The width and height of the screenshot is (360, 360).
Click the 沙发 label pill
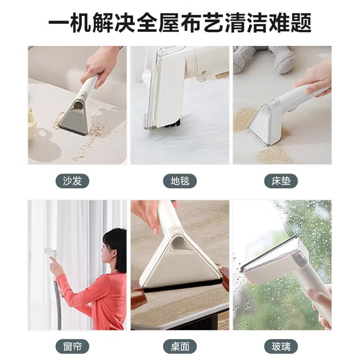(73, 181)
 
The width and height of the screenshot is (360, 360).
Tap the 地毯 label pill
(180, 181)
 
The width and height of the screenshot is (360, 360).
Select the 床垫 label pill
(282, 181)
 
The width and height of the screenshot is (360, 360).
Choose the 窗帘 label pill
(73, 346)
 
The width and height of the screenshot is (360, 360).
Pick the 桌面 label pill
(180, 346)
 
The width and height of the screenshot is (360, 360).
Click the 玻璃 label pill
(282, 346)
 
